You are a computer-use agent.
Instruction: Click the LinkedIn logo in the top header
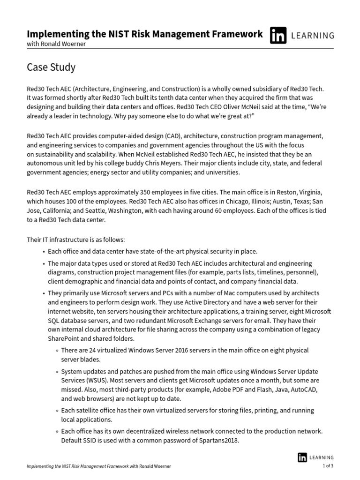278,36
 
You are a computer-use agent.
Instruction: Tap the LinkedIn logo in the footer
303,457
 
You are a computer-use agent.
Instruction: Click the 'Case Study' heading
51,67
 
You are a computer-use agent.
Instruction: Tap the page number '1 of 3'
328,466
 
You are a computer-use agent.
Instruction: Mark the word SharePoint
65,338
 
